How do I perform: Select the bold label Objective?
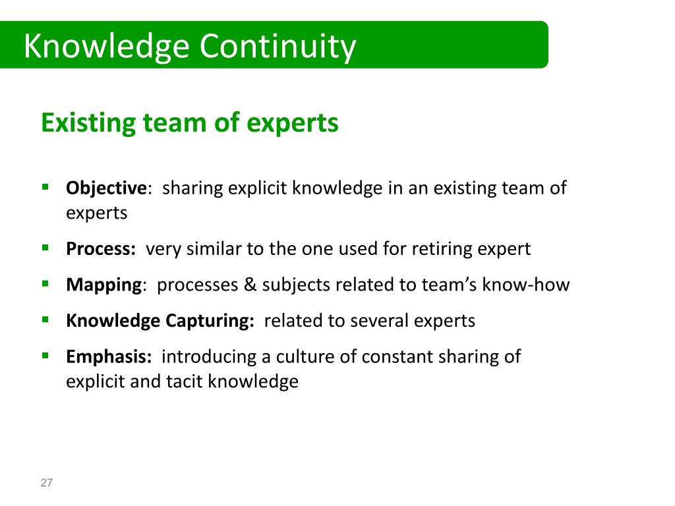(x=105, y=188)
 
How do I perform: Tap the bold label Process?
(x=101, y=249)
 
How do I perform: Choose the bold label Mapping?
(x=104, y=285)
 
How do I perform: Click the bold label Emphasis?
(x=109, y=356)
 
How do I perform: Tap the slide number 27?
(x=46, y=483)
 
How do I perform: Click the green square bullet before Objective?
(x=45, y=186)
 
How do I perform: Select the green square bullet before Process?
(x=45, y=248)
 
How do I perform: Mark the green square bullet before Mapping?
(x=45, y=283)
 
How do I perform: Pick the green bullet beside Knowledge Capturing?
(x=45, y=319)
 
